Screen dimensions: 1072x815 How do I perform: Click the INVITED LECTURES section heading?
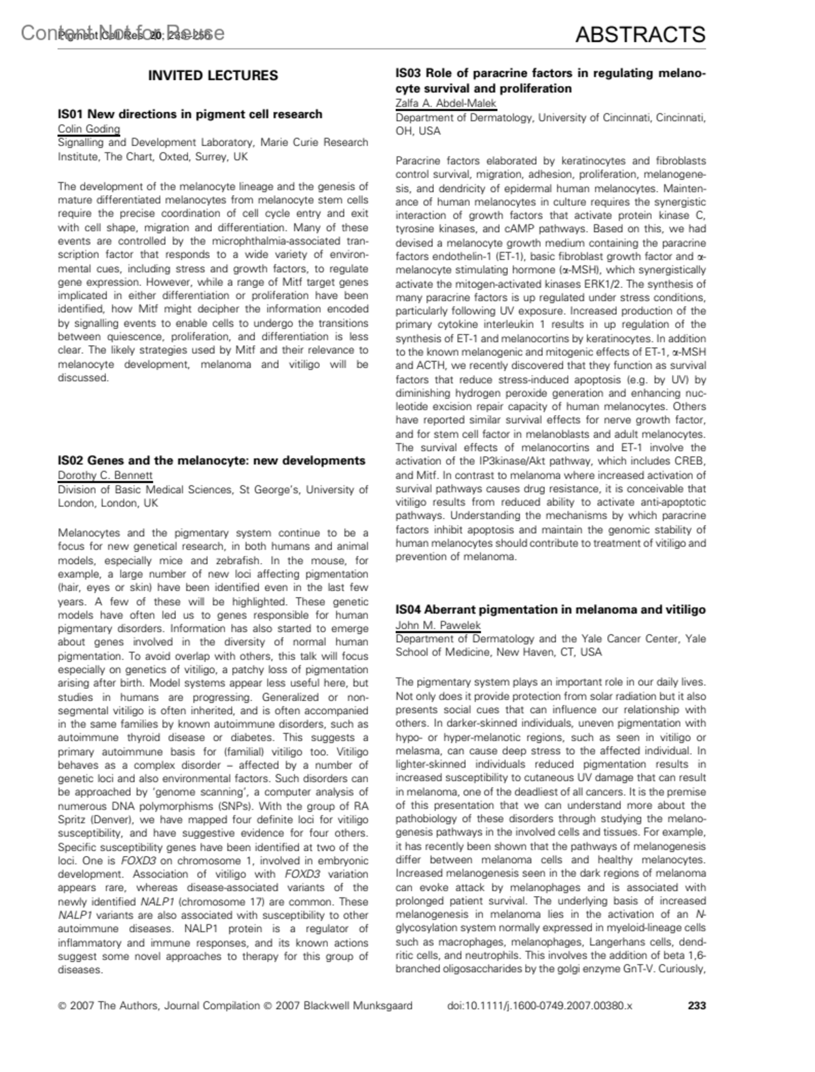click(213, 75)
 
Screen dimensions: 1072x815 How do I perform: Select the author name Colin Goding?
click(89, 129)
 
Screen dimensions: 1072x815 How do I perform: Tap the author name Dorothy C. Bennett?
click(105, 476)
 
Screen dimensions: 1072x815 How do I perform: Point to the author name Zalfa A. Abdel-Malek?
click(446, 103)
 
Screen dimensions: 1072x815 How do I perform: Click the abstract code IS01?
click(71, 114)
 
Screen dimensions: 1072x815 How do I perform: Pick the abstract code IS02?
click(71, 461)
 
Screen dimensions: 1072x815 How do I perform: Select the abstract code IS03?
click(409, 73)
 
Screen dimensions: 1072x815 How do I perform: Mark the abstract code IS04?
click(409, 609)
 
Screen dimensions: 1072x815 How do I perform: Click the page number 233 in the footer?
click(697, 1005)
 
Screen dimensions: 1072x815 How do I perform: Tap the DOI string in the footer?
click(540, 1005)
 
